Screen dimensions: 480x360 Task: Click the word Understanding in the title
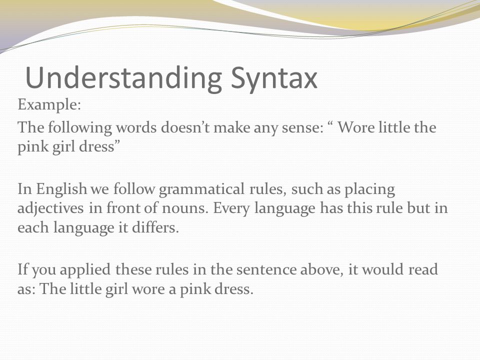(x=123, y=78)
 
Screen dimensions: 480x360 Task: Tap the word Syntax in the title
(x=274, y=78)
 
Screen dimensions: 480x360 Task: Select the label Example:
(x=49, y=105)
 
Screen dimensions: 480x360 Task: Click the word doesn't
(x=185, y=127)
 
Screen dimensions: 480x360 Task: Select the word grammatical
(x=201, y=189)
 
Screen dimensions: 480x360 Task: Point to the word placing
(x=369, y=189)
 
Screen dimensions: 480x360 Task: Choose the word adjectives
(x=50, y=208)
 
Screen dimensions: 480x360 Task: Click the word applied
(x=85, y=270)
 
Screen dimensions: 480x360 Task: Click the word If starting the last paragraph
(x=22, y=269)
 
